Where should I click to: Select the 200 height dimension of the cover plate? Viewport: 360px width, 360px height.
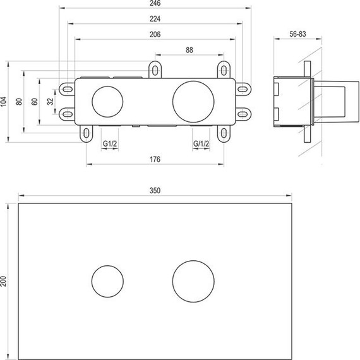click(x=4, y=280)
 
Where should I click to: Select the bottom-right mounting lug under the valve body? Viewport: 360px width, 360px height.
click(x=223, y=133)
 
